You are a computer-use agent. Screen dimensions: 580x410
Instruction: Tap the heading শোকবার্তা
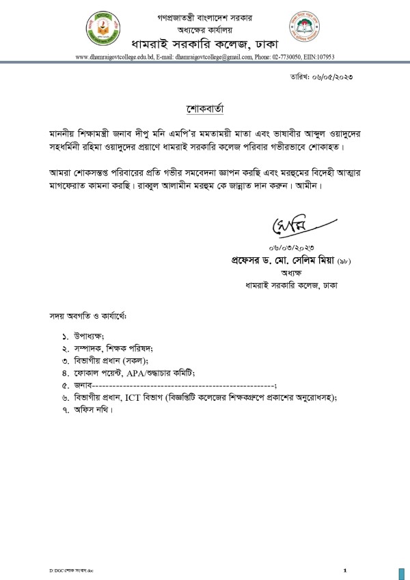(x=205, y=109)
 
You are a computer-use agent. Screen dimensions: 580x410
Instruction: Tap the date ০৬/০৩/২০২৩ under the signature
(x=288, y=247)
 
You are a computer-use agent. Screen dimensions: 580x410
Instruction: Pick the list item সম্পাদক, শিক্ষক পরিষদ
(x=110, y=348)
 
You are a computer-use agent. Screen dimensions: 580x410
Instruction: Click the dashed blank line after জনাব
(x=184, y=385)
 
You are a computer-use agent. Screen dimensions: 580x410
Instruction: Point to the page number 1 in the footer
(x=345, y=570)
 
